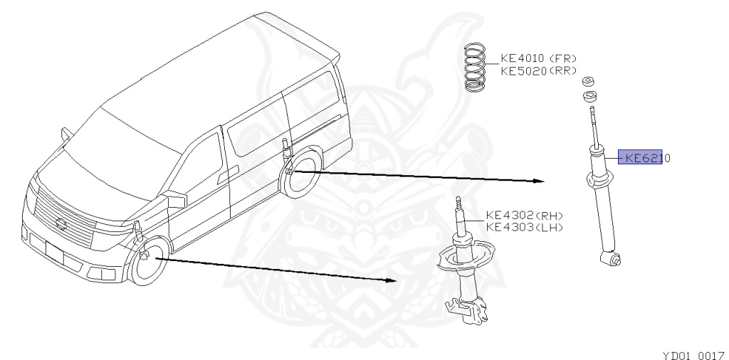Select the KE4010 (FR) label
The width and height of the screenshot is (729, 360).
538,59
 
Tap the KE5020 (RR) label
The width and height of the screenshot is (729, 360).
538,71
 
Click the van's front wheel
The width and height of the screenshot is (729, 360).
148,265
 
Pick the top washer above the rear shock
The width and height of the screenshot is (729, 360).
589,80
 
